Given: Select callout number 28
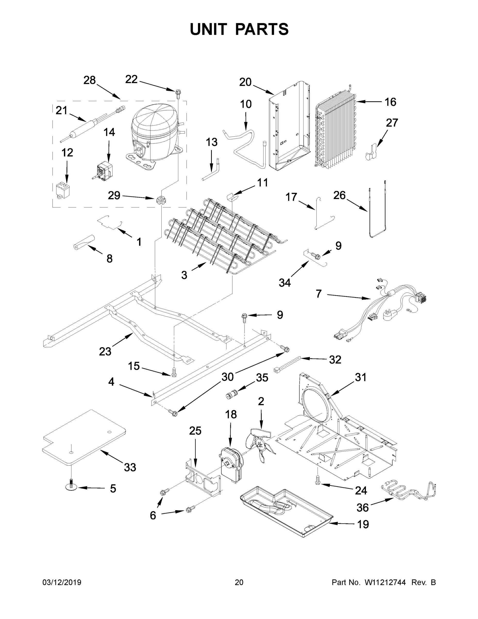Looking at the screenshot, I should [89, 80].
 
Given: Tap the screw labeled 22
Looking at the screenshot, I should [178, 93].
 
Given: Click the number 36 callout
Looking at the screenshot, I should [363, 508].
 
